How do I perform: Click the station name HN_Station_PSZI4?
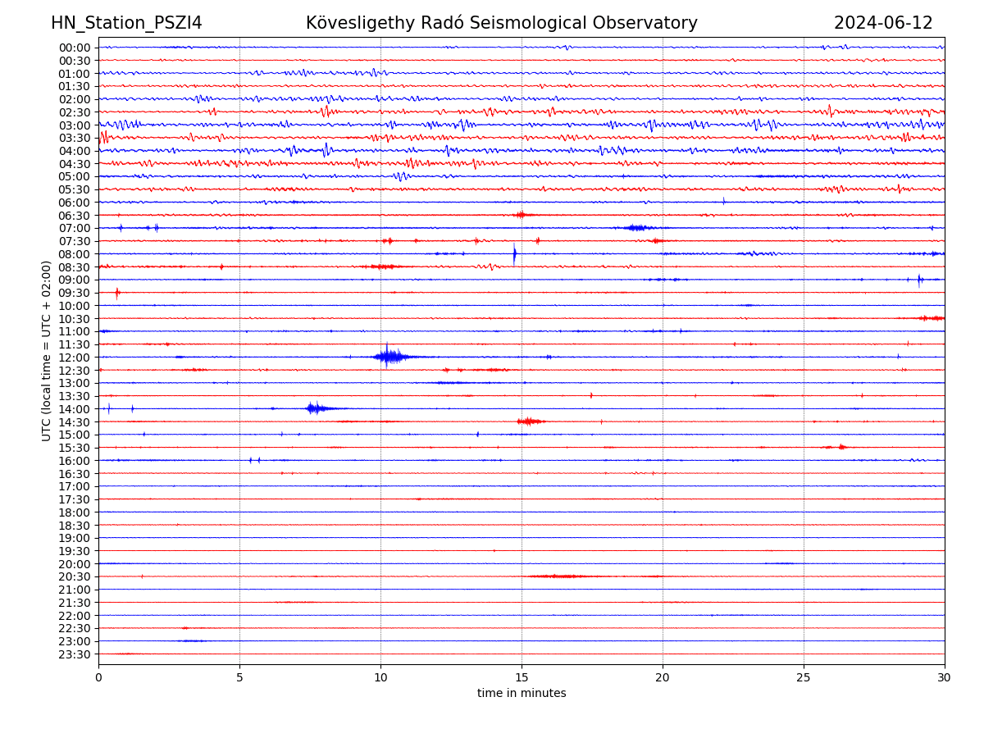pyautogui.click(x=126, y=23)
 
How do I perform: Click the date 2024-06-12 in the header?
pyautogui.click(x=883, y=23)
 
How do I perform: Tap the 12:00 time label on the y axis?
pyautogui.click(x=75, y=358)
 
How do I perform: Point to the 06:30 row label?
pyautogui.click(x=75, y=216)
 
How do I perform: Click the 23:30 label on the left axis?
pyautogui.click(x=75, y=654)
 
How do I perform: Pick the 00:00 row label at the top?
pyautogui.click(x=75, y=48)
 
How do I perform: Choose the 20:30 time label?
pyautogui.click(x=75, y=577)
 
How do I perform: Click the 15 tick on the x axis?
pyautogui.click(x=522, y=678)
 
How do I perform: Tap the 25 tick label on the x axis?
pyautogui.click(x=804, y=678)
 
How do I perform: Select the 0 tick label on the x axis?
pyautogui.click(x=98, y=678)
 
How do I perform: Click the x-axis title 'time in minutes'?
pyautogui.click(x=522, y=694)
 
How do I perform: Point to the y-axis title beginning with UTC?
pyautogui.click(x=47, y=351)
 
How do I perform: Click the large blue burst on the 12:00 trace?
pyautogui.click(x=390, y=357)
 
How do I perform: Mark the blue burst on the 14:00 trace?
pyautogui.click(x=316, y=408)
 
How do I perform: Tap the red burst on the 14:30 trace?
pyautogui.click(x=529, y=421)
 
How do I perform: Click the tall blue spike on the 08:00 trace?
pyautogui.click(x=514, y=253)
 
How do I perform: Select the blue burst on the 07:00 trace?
pyautogui.click(x=636, y=228)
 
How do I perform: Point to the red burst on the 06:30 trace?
pyautogui.click(x=521, y=215)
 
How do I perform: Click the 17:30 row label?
pyautogui.click(x=75, y=499)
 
